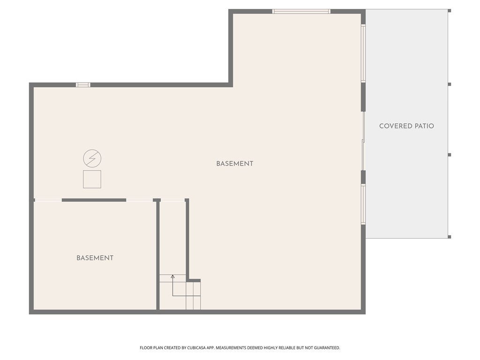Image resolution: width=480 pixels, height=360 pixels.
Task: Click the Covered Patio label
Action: tap(406, 126)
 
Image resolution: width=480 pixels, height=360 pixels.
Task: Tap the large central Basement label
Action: tap(235, 164)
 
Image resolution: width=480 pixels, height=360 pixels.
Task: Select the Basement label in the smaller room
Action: tap(95, 258)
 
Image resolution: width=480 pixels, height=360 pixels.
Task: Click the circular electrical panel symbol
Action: tap(92, 158)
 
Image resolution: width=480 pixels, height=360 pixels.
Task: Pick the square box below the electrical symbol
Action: tap(92, 179)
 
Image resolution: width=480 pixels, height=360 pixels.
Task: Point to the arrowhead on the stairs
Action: tap(172, 277)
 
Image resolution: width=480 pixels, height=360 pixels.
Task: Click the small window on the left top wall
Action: tap(83, 85)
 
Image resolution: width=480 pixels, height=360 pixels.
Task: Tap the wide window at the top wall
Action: tap(301, 11)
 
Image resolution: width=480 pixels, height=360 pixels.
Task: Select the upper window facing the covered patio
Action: tap(363, 53)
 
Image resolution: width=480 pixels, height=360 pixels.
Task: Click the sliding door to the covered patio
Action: tap(363, 141)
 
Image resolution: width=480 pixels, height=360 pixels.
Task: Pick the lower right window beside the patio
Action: tap(363, 204)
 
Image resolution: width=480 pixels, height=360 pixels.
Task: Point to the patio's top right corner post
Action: tap(450, 11)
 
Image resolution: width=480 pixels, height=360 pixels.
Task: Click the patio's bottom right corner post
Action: tap(450, 237)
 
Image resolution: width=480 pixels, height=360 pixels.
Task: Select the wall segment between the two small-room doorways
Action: tap(94, 200)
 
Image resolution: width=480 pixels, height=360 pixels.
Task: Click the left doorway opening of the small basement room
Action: tap(48, 200)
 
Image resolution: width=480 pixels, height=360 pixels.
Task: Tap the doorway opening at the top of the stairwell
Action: tap(173, 200)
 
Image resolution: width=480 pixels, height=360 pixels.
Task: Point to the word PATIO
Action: tap(424, 126)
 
